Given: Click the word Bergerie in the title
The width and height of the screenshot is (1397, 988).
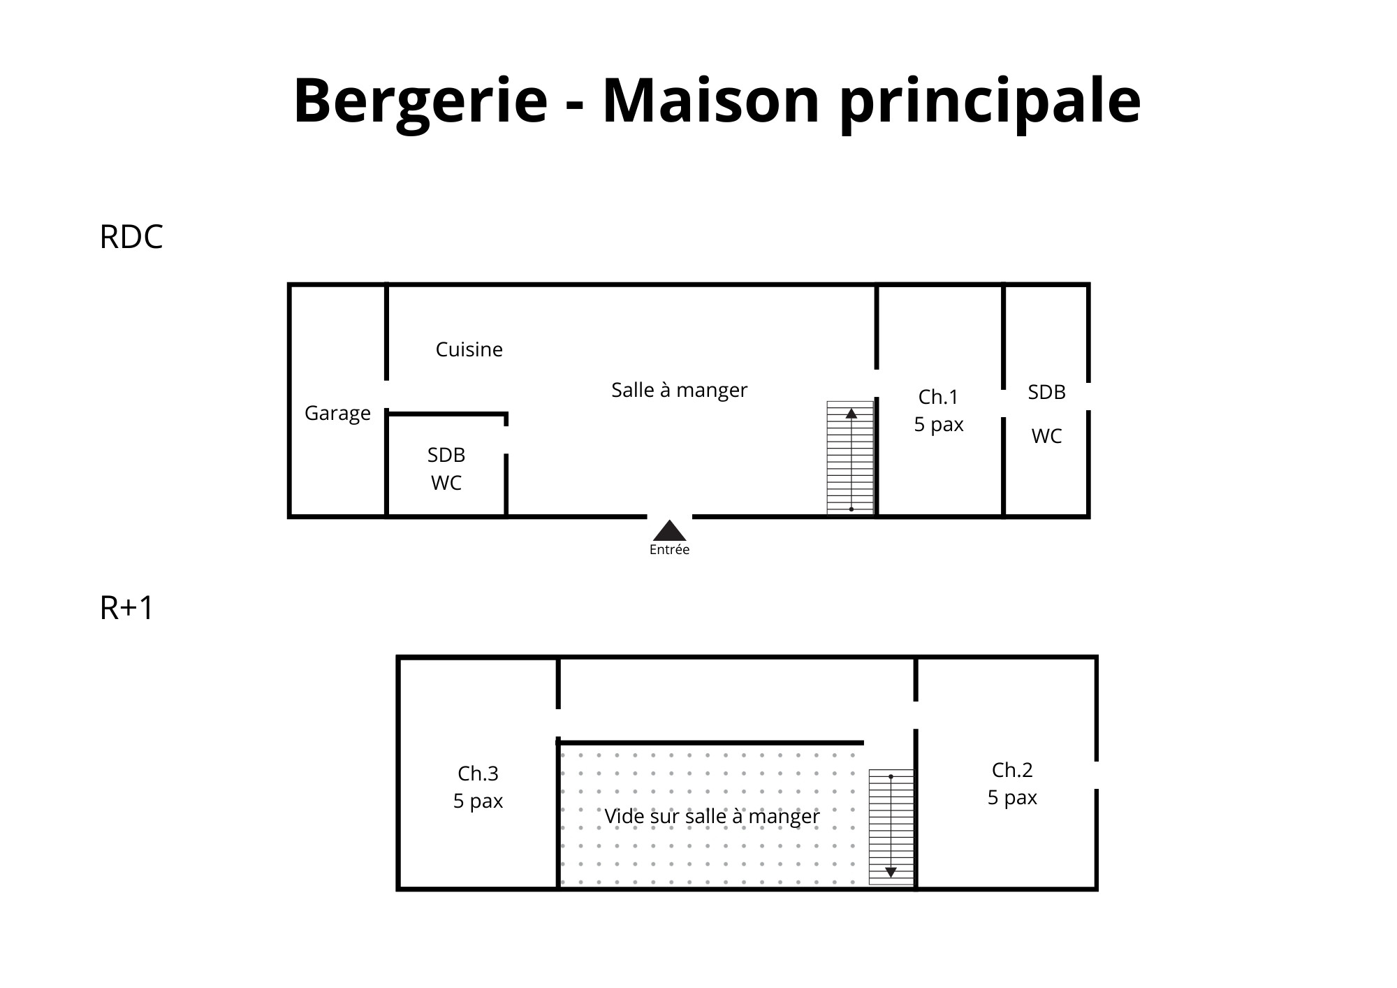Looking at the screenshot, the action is pos(420,102).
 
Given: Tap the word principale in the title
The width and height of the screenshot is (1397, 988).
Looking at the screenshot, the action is pos(990,102).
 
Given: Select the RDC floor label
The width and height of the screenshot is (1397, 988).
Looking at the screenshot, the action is pos(131,237).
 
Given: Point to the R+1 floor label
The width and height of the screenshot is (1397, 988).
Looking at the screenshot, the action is pos(126,608).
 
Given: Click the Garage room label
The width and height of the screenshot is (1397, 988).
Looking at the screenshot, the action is pos(337,414).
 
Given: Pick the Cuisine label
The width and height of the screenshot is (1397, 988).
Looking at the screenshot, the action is pos(469,349).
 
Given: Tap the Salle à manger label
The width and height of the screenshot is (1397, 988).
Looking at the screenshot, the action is pos(679,390).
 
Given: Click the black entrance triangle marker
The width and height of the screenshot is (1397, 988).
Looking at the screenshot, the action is pos(669,530).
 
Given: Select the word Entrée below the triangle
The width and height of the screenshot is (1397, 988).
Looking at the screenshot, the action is pos(669,550).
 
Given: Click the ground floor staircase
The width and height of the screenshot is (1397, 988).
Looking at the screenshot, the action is pos(850,458).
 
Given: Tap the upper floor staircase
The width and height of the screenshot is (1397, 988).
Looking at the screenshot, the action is pos(891,827).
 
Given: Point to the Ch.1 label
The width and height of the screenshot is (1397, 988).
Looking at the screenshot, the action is pos(938,397).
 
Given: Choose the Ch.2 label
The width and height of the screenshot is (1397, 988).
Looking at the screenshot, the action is pos(1012,770).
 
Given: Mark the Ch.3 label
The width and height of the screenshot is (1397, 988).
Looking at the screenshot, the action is pos(478,773).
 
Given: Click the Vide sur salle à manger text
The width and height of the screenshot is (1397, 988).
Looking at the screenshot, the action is pos(712,816).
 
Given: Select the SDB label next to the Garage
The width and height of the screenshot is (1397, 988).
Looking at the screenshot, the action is pos(446,455).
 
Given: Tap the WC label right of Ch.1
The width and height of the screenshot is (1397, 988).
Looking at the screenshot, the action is pos(1046,436).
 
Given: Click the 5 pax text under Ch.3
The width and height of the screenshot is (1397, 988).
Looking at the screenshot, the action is pos(478,801).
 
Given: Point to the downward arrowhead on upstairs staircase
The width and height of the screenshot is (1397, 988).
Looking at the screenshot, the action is pos(891,872).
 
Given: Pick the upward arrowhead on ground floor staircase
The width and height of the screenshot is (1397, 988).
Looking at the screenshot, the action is pos(851,413).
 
